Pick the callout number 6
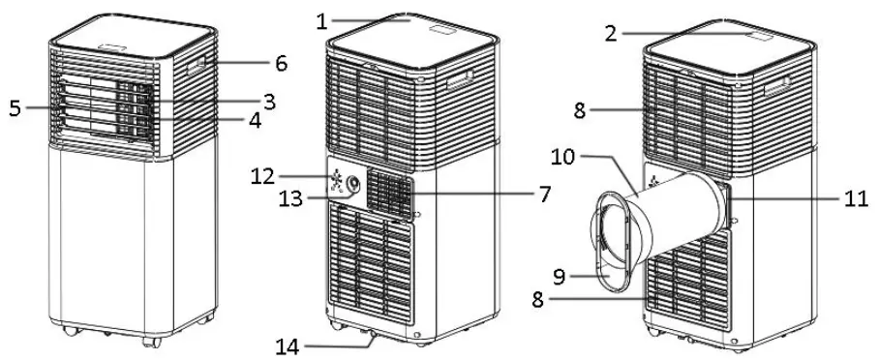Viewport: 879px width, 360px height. (x=281, y=64)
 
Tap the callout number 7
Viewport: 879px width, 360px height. (x=544, y=194)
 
